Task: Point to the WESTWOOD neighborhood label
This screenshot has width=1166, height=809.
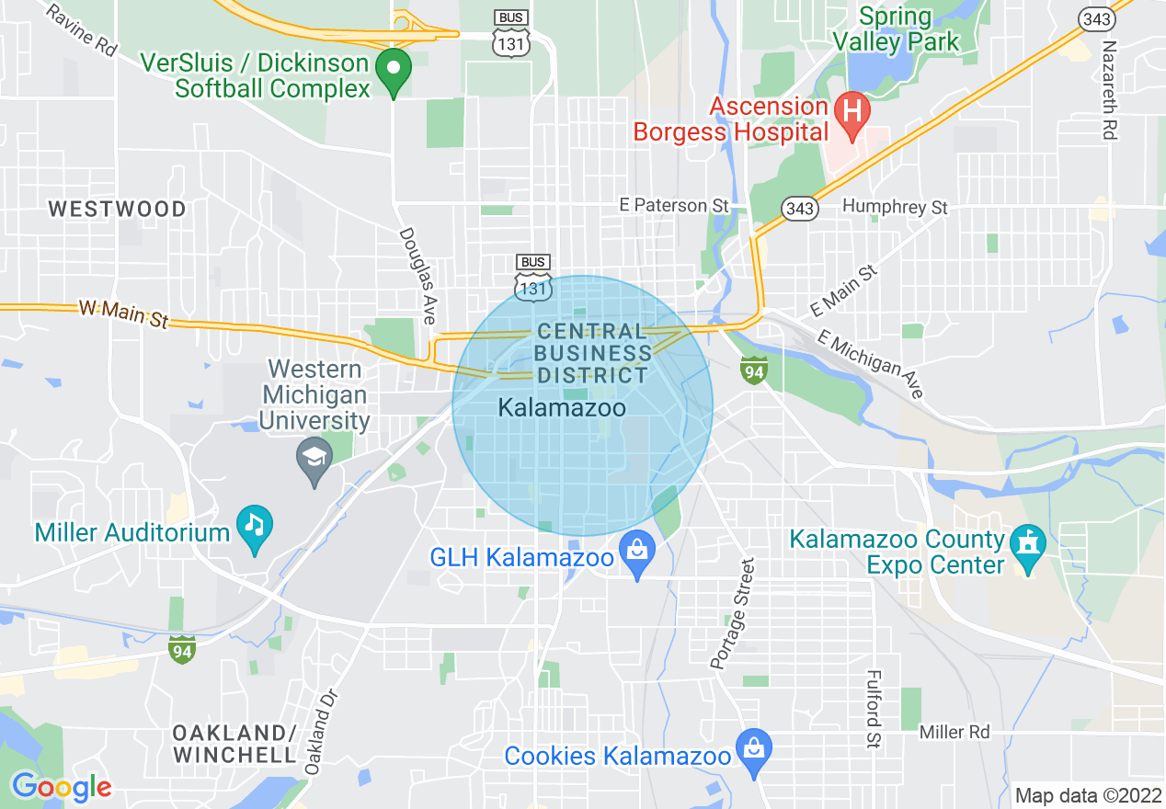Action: [117, 210]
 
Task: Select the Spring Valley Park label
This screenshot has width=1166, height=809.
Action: [895, 29]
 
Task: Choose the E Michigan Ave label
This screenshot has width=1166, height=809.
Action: [876, 365]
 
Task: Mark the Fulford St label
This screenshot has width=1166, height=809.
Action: [873, 707]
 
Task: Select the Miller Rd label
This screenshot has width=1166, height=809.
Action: [955, 733]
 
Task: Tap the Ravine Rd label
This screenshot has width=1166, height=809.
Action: [82, 30]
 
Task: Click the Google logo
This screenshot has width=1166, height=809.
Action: [62, 787]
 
